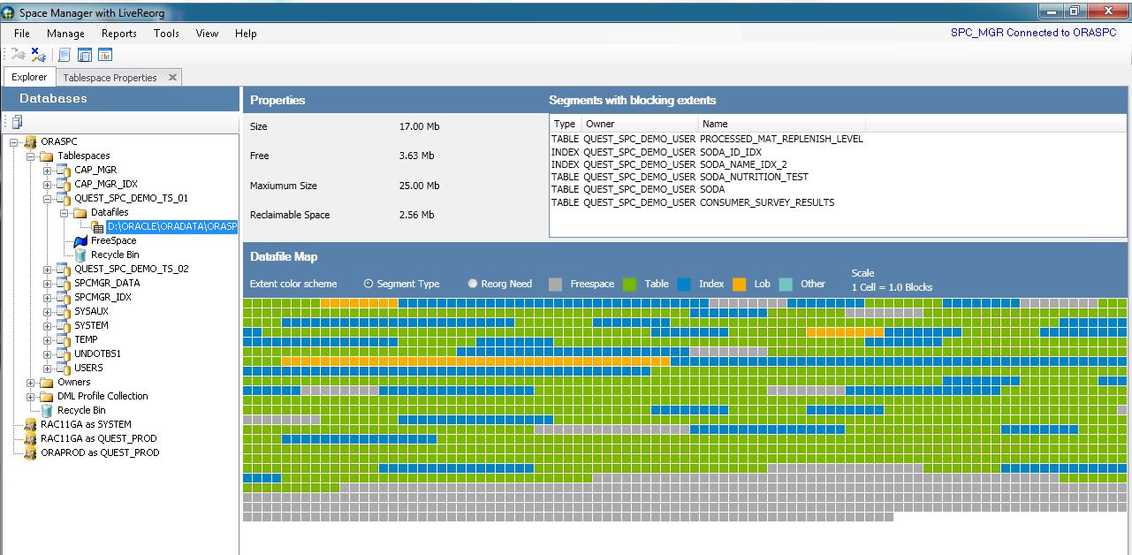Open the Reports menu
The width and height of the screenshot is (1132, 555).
[118, 34]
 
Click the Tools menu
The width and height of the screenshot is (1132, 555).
[166, 34]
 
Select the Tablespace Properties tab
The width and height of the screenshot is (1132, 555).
[110, 78]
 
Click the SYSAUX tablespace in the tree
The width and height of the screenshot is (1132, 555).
[91, 311]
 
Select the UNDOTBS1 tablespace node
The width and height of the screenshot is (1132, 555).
[97, 354]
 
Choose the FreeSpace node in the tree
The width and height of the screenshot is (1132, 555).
[113, 240]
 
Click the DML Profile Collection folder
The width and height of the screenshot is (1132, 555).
[103, 396]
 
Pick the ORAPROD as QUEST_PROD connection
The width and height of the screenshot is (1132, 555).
[100, 452]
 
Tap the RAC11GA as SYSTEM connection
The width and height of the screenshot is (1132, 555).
[86, 424]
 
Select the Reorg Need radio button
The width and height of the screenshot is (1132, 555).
[473, 284]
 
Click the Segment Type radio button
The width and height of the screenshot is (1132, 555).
[368, 284]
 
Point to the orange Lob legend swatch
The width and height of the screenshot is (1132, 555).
[739, 284]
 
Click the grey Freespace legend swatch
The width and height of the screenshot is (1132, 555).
[555, 284]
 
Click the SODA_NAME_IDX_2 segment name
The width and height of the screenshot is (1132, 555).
[742, 164]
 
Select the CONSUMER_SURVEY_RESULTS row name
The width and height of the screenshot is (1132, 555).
[766, 202]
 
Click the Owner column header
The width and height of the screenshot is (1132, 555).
[600, 124]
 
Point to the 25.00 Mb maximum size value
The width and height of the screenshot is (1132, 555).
[419, 186]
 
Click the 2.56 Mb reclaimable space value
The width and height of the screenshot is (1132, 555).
[416, 215]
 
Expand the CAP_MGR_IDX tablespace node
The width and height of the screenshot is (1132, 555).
[49, 184]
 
